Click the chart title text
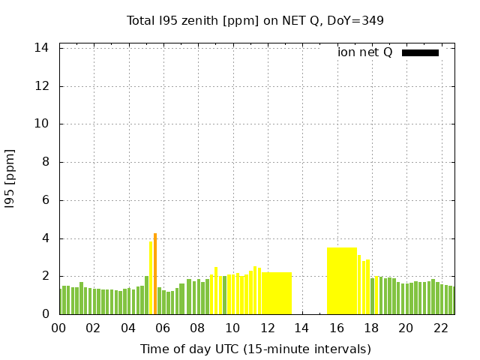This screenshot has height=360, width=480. [x=255, y=20]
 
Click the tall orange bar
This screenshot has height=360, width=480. [x=155, y=274]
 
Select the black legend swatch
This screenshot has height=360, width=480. [x=420, y=52]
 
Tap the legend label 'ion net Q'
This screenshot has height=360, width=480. [x=365, y=52]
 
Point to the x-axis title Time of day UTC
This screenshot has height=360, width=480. [x=255, y=349]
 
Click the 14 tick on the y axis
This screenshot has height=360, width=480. [x=42, y=48]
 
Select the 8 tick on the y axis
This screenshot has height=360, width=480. [x=46, y=162]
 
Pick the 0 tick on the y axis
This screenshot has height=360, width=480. [x=46, y=314]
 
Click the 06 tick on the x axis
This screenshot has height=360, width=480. [x=163, y=328]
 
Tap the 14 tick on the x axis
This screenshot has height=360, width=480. [x=301, y=328]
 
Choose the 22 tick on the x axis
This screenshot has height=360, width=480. [x=440, y=328]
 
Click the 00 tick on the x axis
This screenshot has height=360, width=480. [x=59, y=328]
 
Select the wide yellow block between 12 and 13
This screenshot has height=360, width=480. [x=277, y=293]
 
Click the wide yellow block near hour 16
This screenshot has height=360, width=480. [x=342, y=280]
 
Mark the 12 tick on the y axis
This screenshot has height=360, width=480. [x=42, y=86]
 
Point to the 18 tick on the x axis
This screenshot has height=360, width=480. [x=371, y=328]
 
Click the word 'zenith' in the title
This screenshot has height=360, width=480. [x=200, y=20]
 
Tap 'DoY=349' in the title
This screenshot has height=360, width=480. [x=355, y=20]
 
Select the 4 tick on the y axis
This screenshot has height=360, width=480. [x=46, y=238]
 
